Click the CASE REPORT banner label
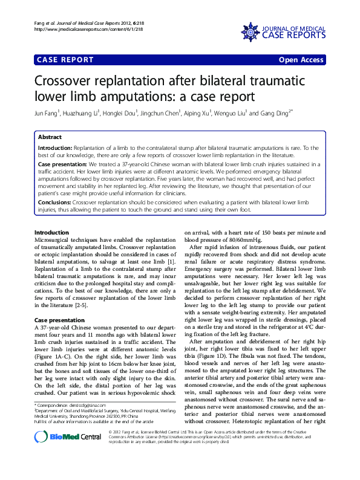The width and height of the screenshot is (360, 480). click(66, 59)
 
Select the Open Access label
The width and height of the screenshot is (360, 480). click(302, 59)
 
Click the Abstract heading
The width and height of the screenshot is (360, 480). click(50, 137)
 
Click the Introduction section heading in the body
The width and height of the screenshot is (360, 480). click(51, 233)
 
